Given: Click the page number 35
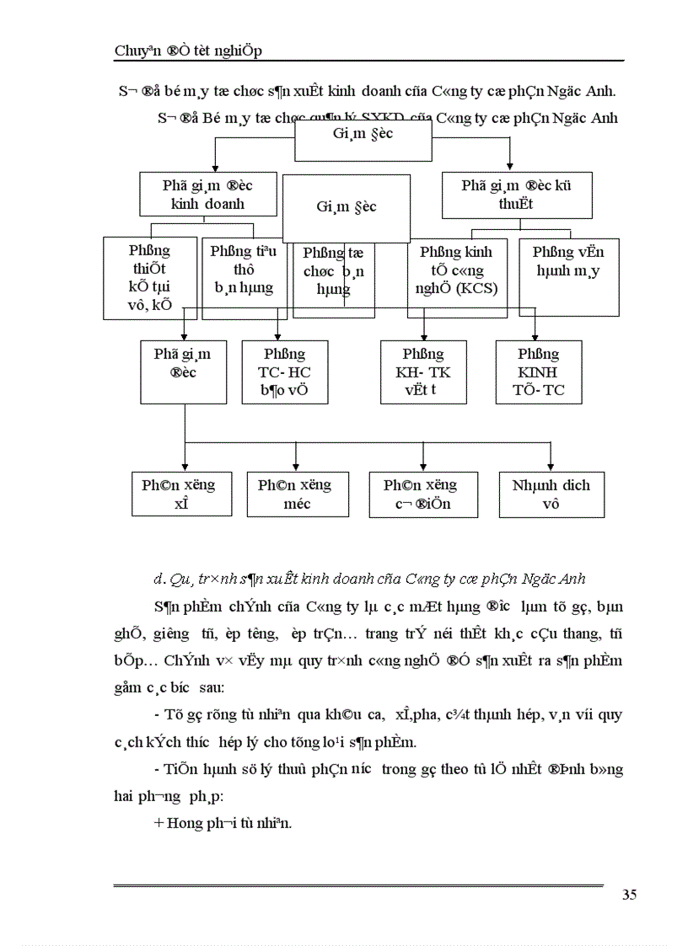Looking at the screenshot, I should click(x=629, y=895).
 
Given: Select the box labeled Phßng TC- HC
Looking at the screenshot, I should click(x=284, y=371).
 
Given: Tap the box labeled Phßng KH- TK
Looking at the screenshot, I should click(x=422, y=371).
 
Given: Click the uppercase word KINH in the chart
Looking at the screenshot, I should click(x=538, y=371).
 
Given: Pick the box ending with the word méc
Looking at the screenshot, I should click(x=296, y=494).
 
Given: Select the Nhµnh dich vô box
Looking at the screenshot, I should click(x=551, y=494).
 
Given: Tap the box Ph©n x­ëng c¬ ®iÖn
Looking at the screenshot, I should click(x=422, y=494).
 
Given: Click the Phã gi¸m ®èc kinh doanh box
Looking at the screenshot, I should click(x=207, y=194).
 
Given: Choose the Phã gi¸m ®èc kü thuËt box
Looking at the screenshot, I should click(x=515, y=194).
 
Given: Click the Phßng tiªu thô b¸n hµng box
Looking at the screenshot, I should click(x=244, y=270).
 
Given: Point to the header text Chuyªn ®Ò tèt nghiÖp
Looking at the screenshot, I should click(x=188, y=51).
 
